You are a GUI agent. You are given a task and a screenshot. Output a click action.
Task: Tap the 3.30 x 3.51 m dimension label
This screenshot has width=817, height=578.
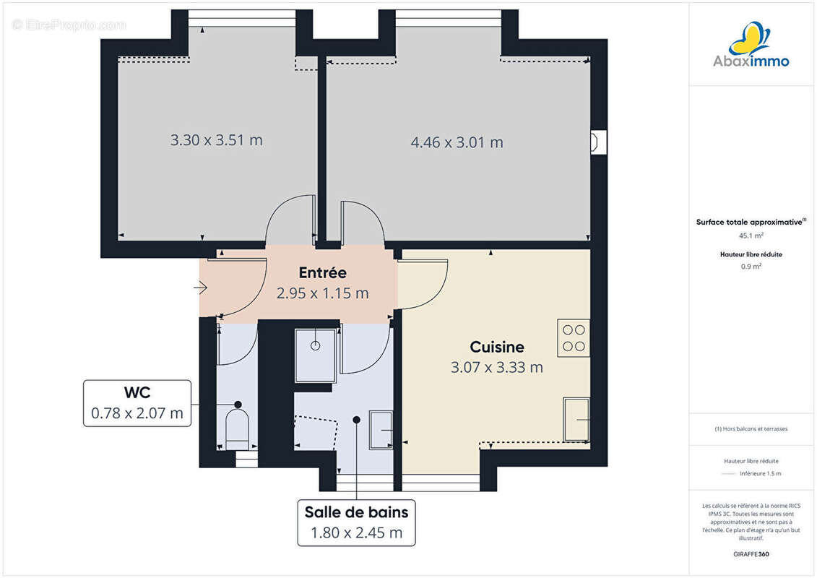(216, 140)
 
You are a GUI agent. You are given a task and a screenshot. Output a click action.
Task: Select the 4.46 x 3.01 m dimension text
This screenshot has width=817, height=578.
(457, 142)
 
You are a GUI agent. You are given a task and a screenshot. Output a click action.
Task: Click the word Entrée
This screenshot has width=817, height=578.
(322, 273)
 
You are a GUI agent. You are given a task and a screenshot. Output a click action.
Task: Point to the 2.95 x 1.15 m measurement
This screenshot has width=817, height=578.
(322, 293)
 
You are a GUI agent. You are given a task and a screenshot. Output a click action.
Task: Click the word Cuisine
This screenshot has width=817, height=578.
(496, 348)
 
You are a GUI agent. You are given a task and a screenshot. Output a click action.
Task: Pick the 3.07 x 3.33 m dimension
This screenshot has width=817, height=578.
(496, 368)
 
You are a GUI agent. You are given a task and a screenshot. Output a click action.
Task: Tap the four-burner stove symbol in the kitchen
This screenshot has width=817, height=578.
(574, 337)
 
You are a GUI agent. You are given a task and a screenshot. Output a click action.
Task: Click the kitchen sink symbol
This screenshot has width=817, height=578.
(576, 419)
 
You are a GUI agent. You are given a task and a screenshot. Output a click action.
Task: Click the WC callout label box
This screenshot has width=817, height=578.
(137, 403)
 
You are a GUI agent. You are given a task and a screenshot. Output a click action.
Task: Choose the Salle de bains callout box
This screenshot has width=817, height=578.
(356, 522)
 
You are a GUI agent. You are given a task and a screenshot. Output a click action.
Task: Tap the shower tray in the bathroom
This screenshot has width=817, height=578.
(316, 355)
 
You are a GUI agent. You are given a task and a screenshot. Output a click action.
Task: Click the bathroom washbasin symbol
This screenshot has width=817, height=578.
(381, 430)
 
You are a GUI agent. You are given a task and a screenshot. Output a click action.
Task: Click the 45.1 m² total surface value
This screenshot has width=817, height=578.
(751, 236)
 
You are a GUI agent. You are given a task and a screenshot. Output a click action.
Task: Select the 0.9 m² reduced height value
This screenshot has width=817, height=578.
(751, 267)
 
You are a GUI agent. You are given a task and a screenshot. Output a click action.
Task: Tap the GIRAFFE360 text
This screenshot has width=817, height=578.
(751, 555)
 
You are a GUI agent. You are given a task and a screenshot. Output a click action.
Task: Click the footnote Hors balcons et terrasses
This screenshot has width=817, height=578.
(751, 429)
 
